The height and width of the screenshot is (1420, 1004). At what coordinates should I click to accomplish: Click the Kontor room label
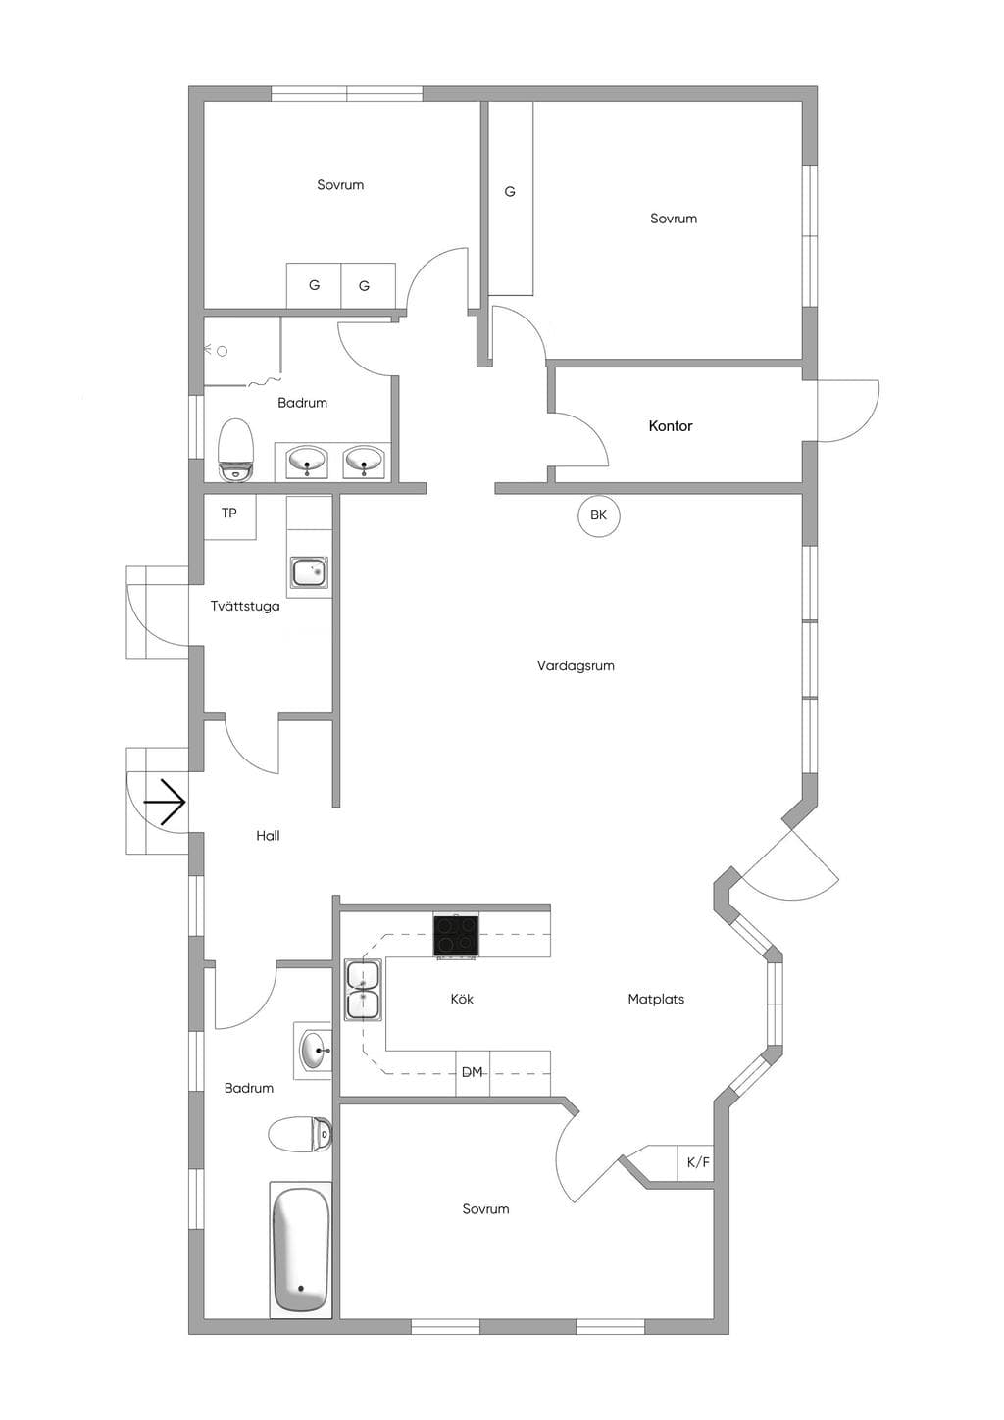[670, 426]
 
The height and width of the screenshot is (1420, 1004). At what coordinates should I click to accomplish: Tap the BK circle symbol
[598, 515]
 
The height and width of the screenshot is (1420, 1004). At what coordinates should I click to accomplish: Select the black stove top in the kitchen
[456, 935]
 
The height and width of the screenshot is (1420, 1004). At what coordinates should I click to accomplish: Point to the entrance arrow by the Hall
[165, 803]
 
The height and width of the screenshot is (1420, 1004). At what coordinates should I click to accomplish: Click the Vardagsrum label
[576, 665]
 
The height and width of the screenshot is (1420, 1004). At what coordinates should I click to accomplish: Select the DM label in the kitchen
[472, 1071]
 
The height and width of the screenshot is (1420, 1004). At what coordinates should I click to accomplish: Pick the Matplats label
[656, 999]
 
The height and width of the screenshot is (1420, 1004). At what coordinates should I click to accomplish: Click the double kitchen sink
[363, 990]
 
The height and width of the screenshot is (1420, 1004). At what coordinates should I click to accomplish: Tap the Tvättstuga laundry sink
[310, 571]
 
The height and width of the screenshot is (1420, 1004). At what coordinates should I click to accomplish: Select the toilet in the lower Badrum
[300, 1134]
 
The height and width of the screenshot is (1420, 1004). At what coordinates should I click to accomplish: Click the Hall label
[268, 836]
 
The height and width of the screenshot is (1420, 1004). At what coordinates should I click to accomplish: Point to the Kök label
[462, 999]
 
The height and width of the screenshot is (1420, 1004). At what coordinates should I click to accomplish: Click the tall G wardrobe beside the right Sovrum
[511, 198]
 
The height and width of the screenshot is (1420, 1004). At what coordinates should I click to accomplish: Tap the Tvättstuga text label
[245, 606]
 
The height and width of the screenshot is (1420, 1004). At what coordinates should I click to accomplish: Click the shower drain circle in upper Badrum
[223, 351]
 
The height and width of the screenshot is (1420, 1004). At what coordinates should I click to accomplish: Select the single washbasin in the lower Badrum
[314, 1051]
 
